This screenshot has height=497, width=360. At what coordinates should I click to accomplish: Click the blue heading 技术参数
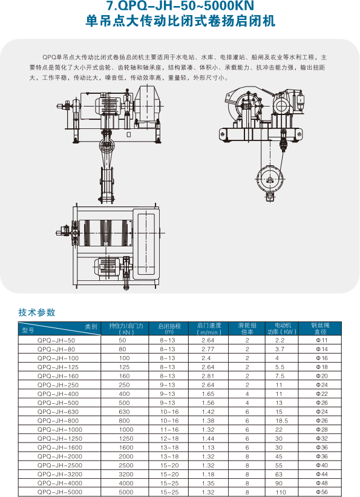(36, 313)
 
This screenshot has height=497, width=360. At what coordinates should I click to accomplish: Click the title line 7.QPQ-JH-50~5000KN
(180, 7)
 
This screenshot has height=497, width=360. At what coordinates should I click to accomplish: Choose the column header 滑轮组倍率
(247, 329)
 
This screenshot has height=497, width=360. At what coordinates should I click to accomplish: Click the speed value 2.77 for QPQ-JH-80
(208, 350)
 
